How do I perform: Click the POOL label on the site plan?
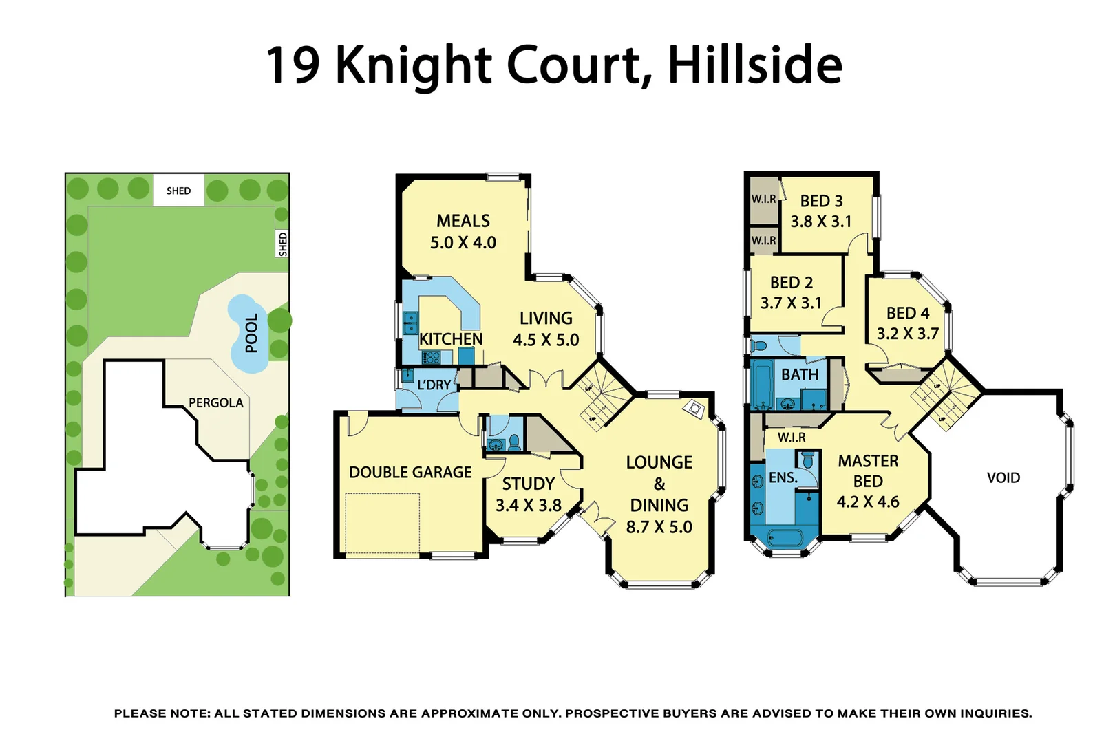(x=252, y=333)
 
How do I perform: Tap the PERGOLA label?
(x=216, y=402)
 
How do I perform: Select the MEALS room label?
(x=463, y=221)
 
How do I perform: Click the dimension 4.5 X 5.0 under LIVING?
(x=546, y=340)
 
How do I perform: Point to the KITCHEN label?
(x=451, y=339)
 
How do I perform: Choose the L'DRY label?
(x=434, y=385)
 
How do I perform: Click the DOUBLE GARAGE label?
(x=410, y=473)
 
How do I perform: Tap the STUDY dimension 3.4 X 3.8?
(x=529, y=506)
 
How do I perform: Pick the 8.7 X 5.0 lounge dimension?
(x=659, y=527)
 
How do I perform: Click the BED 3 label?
(x=821, y=201)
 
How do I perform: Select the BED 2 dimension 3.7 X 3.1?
(x=791, y=303)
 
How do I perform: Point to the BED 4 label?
(x=908, y=314)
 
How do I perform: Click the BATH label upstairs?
(x=800, y=375)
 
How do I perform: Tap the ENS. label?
(x=783, y=477)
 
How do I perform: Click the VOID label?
(x=1003, y=477)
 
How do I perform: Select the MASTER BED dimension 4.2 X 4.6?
(x=868, y=502)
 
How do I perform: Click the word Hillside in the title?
(x=755, y=65)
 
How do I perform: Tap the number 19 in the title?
(x=293, y=65)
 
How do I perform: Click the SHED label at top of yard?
(x=178, y=191)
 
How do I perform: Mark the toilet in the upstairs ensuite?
(x=808, y=459)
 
